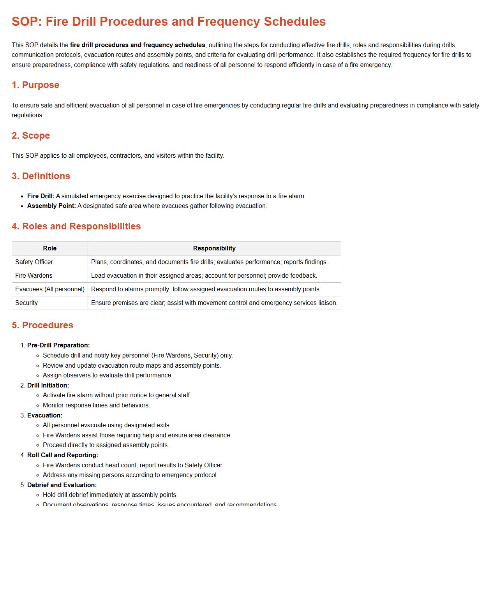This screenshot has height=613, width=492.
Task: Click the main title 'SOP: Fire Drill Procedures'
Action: [168, 21]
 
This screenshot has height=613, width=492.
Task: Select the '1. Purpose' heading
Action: [35, 85]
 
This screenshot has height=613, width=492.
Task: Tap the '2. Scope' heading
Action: [31, 136]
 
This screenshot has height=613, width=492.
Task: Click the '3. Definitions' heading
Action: [41, 176]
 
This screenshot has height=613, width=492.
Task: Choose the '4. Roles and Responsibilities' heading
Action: [76, 226]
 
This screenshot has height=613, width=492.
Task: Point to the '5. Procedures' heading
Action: [42, 325]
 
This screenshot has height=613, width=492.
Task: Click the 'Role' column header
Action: [50, 248]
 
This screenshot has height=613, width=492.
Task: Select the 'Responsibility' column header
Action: [214, 248]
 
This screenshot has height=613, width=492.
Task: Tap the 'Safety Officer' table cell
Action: [34, 262]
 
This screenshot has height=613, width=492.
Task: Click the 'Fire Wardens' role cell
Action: [34, 276]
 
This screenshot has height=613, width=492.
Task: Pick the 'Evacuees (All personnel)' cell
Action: [50, 289]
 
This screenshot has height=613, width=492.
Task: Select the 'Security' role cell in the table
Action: [26, 303]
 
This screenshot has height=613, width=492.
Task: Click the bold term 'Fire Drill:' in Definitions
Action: [41, 196]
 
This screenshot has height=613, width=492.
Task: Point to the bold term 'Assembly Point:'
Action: [51, 206]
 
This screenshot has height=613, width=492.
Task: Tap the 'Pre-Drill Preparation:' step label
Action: [58, 345]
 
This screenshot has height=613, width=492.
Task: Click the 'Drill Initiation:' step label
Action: [48, 386]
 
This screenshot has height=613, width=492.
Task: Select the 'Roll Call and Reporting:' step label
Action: [63, 455]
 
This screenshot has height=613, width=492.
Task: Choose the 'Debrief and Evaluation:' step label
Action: [62, 485]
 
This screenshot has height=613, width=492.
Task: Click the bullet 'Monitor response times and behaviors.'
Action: [96, 405]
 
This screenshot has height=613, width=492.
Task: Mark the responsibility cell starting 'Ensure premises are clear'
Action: [214, 303]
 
